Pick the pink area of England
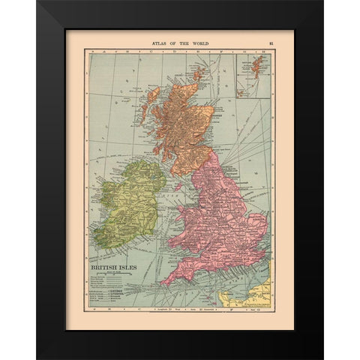click(x=225, y=225)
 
